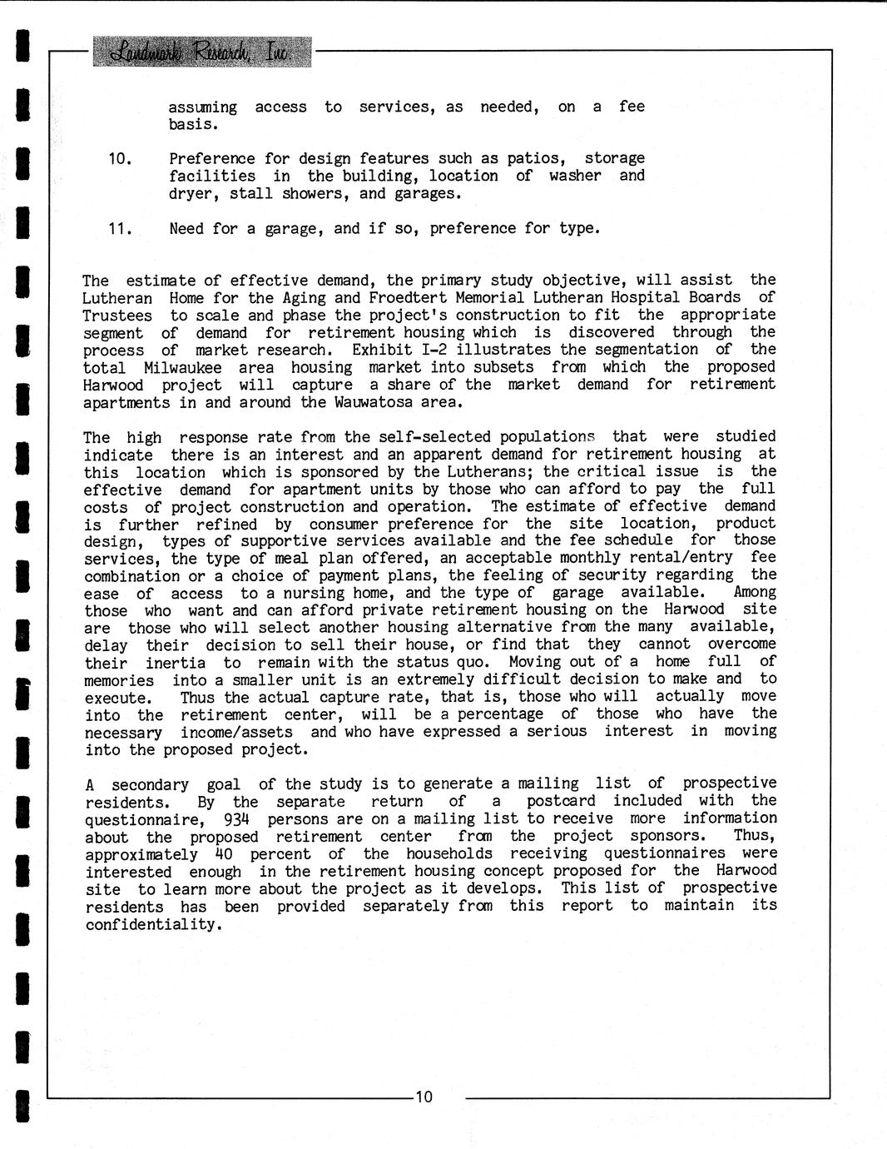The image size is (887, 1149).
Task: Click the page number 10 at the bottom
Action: pos(424,1097)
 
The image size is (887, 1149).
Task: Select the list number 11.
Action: pos(120,228)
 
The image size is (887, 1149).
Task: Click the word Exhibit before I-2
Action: pos(381,350)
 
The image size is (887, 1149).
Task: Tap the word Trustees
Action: pos(117,316)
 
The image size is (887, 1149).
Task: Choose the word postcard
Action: pos(561,801)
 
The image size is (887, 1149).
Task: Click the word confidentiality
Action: pos(154,924)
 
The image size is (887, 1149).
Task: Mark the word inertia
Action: pos(176,663)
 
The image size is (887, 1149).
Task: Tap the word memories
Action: pos(119,680)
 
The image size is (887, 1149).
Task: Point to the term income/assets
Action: pos(236,733)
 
